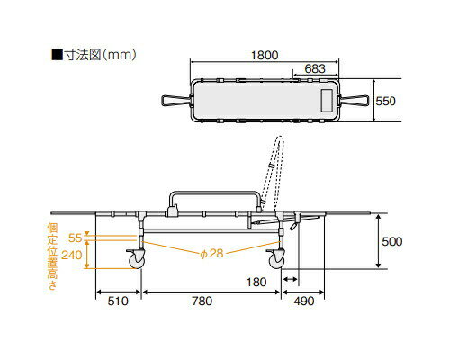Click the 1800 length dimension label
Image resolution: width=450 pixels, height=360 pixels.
(x=265, y=55)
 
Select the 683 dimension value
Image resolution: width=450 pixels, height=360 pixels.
(x=315, y=69)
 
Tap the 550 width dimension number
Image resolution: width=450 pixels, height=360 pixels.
(x=386, y=101)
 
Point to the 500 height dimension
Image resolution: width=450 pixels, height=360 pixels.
(x=392, y=241)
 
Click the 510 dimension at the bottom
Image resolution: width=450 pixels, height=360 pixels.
(x=118, y=301)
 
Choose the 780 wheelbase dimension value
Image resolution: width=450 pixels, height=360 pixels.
(x=202, y=301)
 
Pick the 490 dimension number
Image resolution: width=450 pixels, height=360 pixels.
(x=304, y=301)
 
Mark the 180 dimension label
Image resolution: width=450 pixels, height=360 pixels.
(x=256, y=282)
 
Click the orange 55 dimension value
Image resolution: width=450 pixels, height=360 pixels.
(x=75, y=238)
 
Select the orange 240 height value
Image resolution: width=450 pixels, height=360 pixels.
(x=72, y=255)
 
